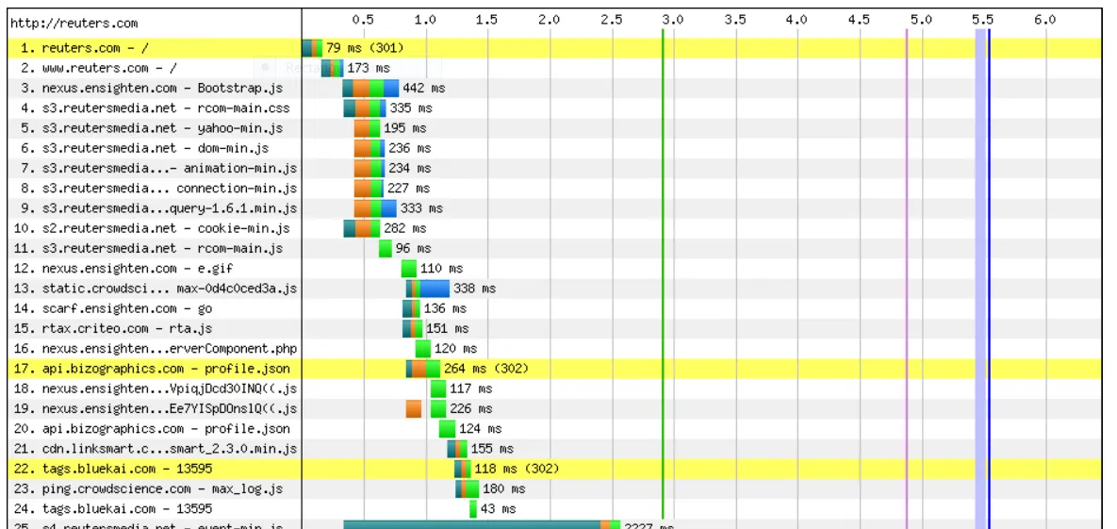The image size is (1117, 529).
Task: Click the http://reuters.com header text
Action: (74, 23)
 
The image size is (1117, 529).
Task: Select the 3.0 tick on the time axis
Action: (672, 19)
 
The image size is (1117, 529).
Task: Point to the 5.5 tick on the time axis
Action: (982, 19)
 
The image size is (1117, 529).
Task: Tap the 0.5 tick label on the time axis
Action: (363, 19)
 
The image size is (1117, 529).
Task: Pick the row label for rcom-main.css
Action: (156, 108)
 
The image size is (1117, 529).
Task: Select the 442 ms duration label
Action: (424, 88)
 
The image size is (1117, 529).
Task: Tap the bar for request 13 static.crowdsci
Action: (428, 289)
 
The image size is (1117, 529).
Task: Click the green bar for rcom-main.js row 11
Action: (385, 249)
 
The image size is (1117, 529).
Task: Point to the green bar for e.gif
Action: (408, 269)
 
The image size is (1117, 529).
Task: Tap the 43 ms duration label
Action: (499, 509)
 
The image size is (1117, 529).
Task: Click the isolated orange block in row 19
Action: (414, 408)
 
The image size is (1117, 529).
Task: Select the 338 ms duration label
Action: (474, 289)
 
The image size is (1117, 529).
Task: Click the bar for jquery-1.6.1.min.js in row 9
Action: (375, 208)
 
